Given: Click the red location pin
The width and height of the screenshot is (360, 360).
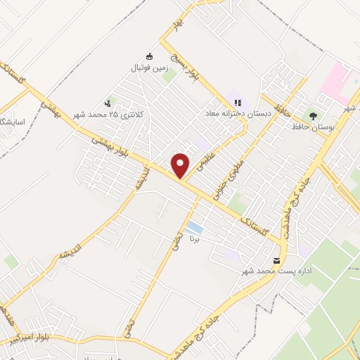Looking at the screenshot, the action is pos(181,165).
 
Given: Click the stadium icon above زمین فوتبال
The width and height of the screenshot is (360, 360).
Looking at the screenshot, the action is pos(148,56).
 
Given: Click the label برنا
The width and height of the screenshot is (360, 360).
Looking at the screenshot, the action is pos(195,240).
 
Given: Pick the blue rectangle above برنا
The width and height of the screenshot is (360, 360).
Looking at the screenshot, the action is pos(195,228).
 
